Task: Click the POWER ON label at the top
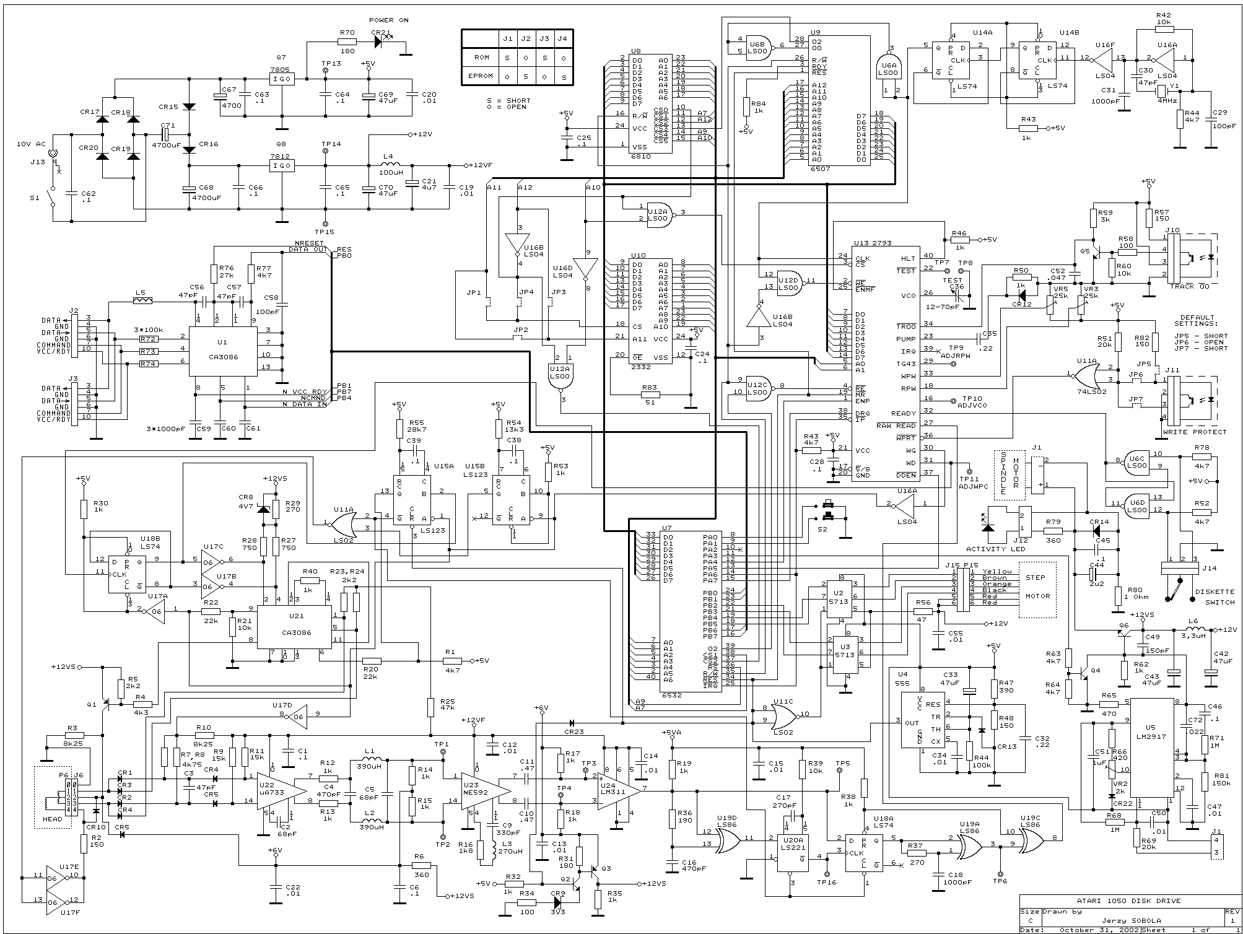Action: pos(388,20)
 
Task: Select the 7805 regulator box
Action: pos(282,79)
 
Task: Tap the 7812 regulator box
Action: pos(282,165)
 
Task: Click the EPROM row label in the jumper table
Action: pos(481,76)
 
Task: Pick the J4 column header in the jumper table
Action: pos(562,38)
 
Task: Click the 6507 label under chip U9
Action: pos(821,168)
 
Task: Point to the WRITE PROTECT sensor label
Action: pos(1194,432)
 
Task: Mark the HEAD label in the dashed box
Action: pos(52,819)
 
